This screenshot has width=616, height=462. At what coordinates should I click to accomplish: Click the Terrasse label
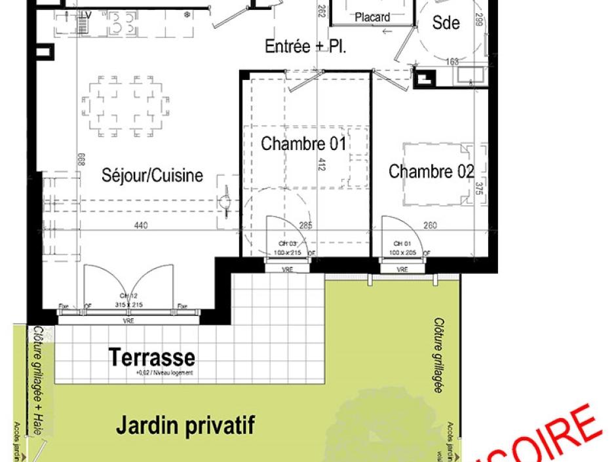coord(151,358)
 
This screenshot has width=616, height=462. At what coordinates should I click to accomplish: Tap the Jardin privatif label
coord(185,425)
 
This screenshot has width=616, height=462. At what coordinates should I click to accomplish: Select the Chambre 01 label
coord(303,144)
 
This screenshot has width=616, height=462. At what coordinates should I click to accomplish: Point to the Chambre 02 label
coord(431,172)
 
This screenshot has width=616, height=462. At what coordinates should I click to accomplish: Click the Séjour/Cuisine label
coord(152,175)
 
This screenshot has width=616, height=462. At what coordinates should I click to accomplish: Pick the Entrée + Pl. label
coord(305,47)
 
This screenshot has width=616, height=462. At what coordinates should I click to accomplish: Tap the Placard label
coord(372,18)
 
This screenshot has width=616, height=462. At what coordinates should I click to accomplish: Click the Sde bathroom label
coord(446,23)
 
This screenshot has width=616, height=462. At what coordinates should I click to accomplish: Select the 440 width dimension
coord(141,226)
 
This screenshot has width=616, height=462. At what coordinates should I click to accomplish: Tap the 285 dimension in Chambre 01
coord(305,226)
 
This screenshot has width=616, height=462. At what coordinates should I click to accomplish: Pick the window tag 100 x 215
coord(287,252)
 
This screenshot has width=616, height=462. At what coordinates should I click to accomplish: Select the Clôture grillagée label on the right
coord(437,356)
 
